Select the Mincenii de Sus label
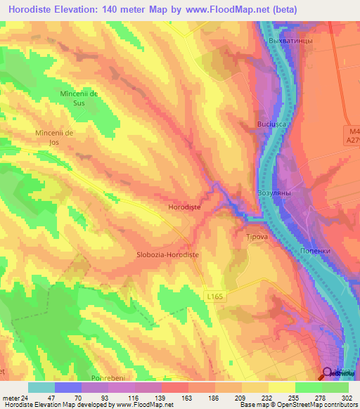tap(83, 98)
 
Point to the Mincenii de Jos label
tap(54, 137)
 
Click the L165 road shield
tap(216, 297)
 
